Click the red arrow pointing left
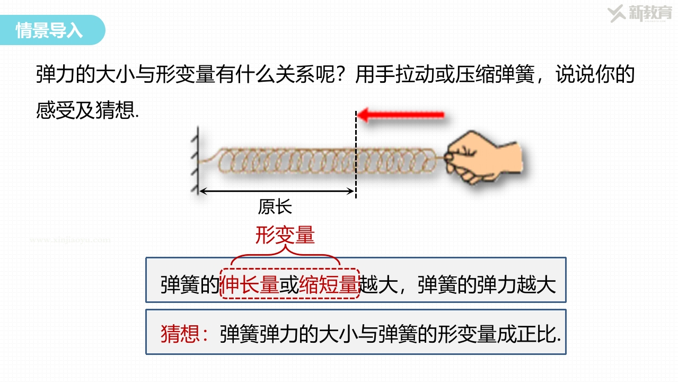click(x=400, y=115)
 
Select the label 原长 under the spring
click(x=275, y=207)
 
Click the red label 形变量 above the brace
click(x=285, y=235)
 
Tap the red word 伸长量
click(x=250, y=285)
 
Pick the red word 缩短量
click(x=329, y=285)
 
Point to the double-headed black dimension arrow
click(x=276, y=192)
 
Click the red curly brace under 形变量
click(x=285, y=255)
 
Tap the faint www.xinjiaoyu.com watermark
click(x=70, y=240)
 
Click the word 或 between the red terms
click(x=289, y=285)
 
